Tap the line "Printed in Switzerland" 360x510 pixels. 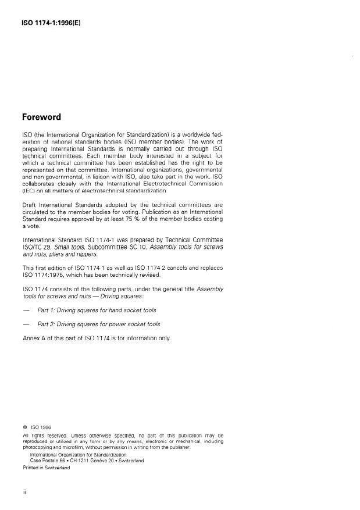pos(46,466)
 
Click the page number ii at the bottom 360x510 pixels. pos(24,492)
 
